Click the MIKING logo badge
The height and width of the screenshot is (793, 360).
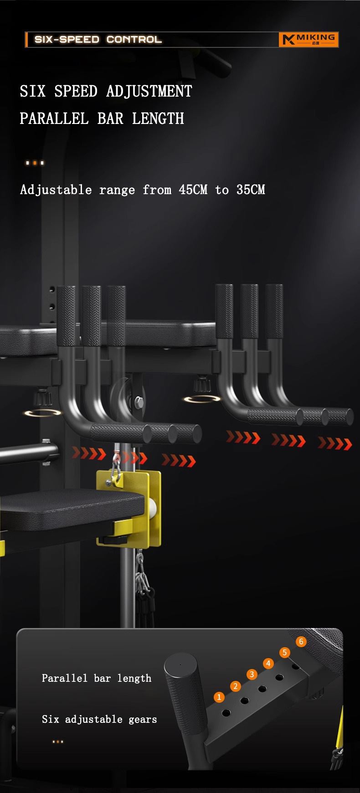pos(309,40)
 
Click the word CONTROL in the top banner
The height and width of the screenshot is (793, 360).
pos(134,40)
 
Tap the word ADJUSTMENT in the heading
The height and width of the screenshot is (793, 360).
pos(149,91)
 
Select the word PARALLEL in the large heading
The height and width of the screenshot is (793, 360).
pos(54,118)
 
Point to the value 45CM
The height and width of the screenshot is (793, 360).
pos(193,190)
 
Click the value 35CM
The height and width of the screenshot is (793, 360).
pos(251,190)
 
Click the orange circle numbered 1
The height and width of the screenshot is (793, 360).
pos(219,697)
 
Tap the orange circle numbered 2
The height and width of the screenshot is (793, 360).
pos(236,686)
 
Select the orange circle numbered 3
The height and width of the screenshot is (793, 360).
pos(252,675)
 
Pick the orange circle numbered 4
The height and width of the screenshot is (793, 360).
pos(268,664)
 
